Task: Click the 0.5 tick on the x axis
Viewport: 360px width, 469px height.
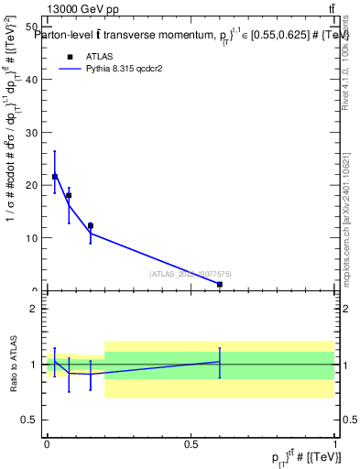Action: click(x=191, y=444)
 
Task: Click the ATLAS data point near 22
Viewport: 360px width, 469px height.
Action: click(x=55, y=177)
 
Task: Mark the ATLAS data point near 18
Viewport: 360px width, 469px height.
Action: click(x=69, y=195)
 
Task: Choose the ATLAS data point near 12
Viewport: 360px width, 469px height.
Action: click(x=90, y=225)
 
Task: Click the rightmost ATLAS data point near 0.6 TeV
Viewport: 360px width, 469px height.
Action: click(x=220, y=284)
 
